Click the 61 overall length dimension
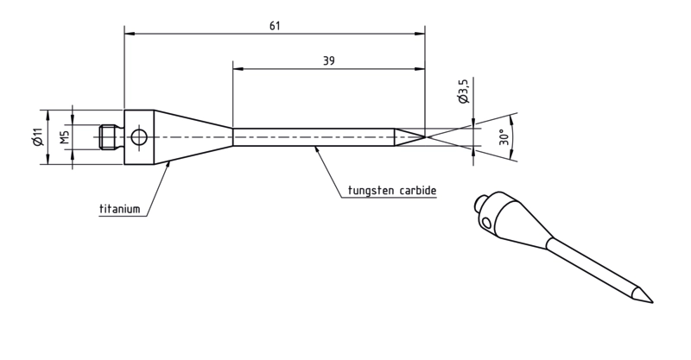(x=275, y=26)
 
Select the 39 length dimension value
(x=329, y=60)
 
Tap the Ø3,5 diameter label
(x=464, y=91)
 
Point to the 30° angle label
(x=504, y=137)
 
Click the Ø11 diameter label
(x=37, y=136)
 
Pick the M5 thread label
(x=65, y=137)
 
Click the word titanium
(x=119, y=208)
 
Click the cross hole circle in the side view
(x=139, y=137)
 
